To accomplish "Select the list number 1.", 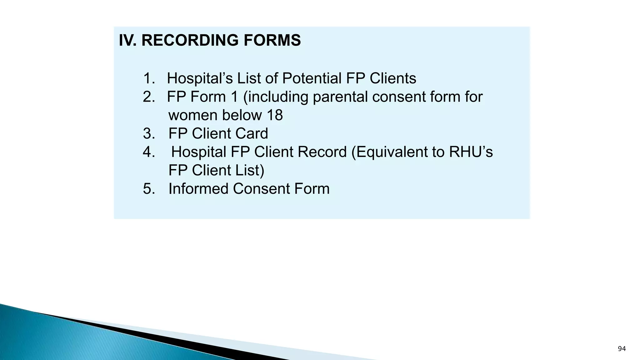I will click(149, 78).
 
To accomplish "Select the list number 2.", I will click(149, 97).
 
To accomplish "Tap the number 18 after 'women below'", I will click(275, 115).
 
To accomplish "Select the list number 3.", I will click(149, 134).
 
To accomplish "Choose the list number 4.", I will click(149, 152).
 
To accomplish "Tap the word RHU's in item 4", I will click(471, 152).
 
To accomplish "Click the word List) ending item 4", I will click(250, 171).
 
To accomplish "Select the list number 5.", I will click(149, 189).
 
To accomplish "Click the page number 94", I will click(622, 349).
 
